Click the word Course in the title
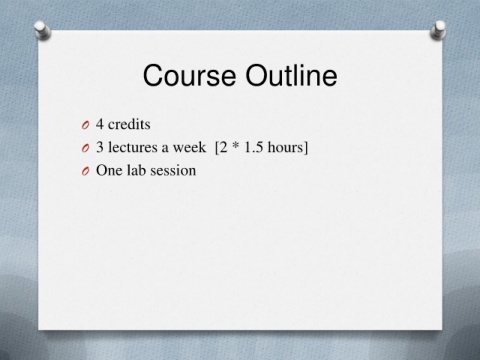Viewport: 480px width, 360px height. click(189, 75)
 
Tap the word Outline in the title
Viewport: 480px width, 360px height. click(291, 75)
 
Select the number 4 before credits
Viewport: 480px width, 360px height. click(100, 124)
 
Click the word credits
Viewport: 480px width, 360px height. click(129, 124)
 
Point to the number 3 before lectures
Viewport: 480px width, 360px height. click(100, 147)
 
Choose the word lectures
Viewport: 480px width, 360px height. click(133, 147)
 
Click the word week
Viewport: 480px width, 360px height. click(189, 147)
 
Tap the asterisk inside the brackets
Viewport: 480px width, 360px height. click(235, 145)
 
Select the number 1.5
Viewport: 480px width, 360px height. click(254, 147)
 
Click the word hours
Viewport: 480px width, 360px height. click(284, 147)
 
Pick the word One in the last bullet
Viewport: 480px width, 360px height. click(109, 170)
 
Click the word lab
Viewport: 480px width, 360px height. click(136, 170)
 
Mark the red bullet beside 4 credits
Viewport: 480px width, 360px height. click(85, 125)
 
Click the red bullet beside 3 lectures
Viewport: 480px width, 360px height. click(85, 148)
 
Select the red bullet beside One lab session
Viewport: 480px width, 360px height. click(85, 171)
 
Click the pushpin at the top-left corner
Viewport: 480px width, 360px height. click(42, 30)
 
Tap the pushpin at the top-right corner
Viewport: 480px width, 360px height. click(438, 30)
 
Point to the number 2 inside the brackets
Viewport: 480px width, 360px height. click(223, 147)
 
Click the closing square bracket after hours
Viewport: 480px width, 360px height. click(305, 148)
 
